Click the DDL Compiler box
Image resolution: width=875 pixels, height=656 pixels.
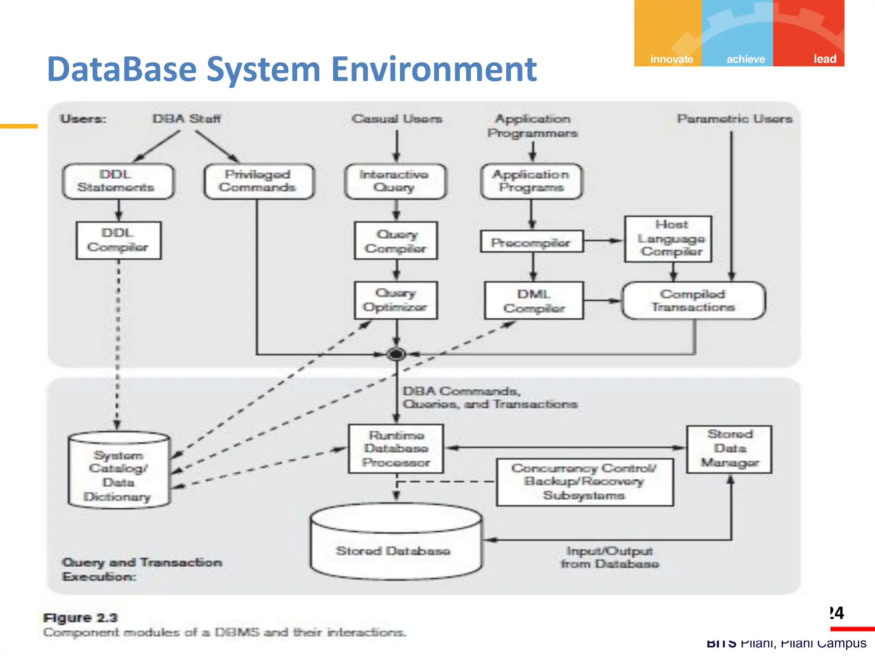(118, 240)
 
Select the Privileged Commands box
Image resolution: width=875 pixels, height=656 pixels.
(258, 181)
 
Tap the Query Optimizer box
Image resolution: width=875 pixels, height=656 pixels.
(396, 300)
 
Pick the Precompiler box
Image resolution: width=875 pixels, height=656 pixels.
(531, 242)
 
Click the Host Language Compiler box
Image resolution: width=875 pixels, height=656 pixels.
(668, 238)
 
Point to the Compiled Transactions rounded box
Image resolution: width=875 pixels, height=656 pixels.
(693, 300)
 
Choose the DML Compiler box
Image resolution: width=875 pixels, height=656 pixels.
(534, 300)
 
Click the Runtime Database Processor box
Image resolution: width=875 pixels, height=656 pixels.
(396, 448)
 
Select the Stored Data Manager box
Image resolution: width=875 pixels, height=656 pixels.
(729, 448)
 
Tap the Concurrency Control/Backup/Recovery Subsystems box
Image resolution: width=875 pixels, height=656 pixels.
(584, 482)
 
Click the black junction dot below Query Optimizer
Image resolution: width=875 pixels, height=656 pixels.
(396, 354)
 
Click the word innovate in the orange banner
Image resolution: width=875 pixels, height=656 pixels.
(671, 59)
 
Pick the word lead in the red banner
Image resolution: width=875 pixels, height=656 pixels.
(824, 59)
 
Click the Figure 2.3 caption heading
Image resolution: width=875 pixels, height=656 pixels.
(80, 618)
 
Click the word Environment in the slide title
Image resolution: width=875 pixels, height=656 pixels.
(434, 69)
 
